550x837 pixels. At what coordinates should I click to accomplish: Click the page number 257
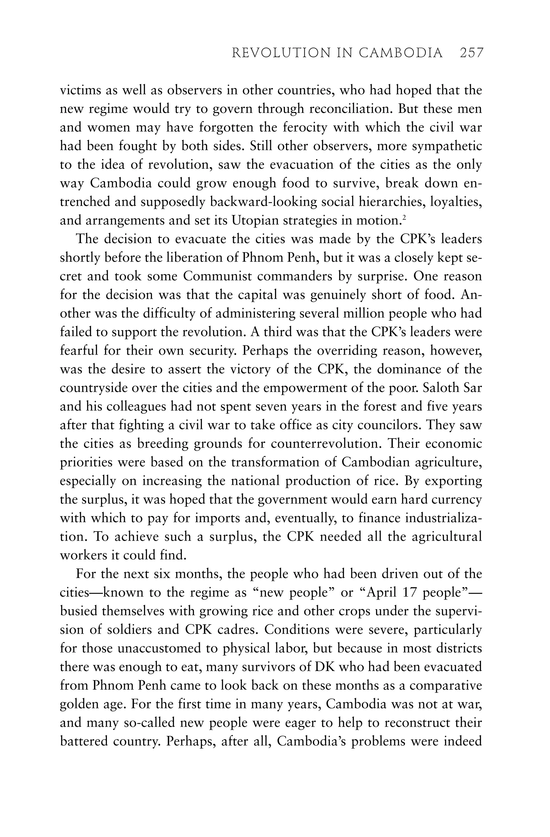coord(471,53)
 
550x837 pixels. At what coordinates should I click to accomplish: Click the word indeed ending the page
coord(462,741)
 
